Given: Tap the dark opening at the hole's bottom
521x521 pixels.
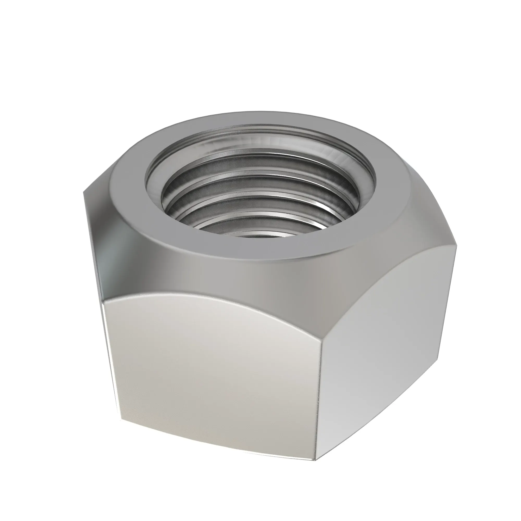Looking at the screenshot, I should click(259, 236).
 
